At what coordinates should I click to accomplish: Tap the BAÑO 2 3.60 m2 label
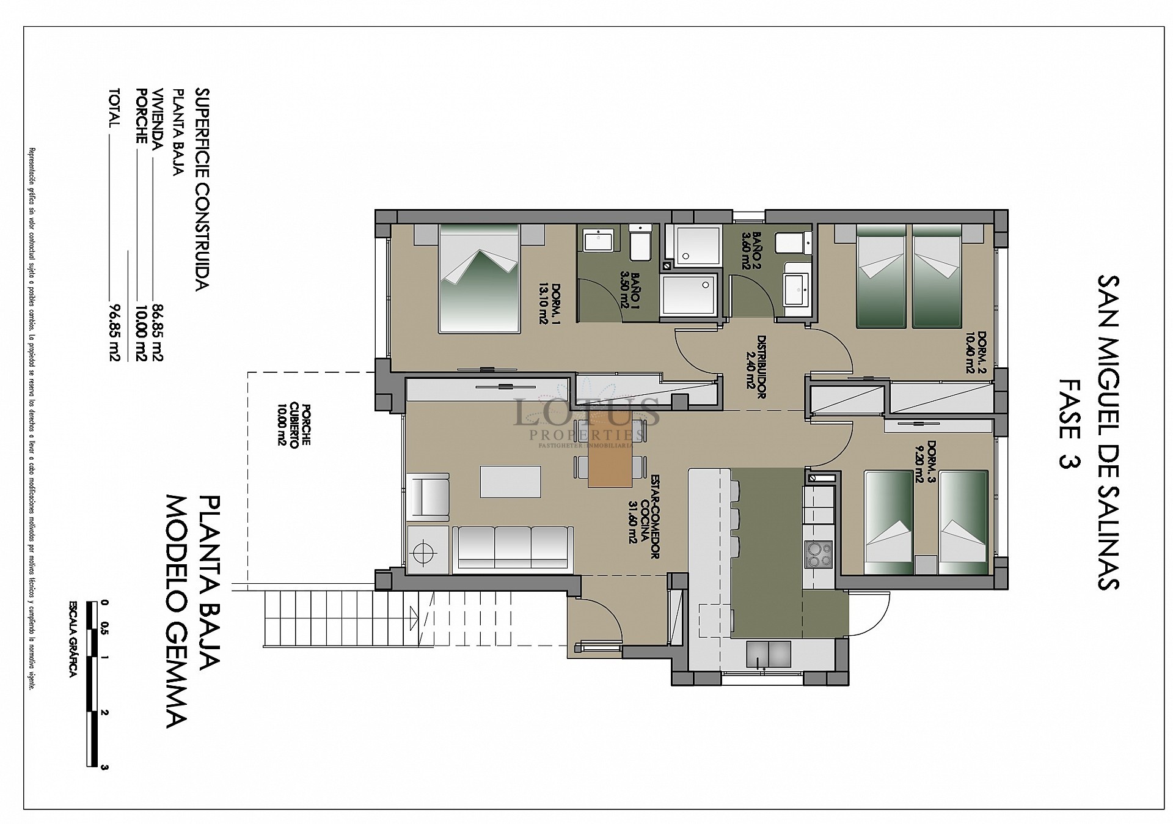(x=751, y=250)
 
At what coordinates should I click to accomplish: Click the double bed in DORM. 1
(x=479, y=278)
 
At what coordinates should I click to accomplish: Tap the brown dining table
(x=610, y=454)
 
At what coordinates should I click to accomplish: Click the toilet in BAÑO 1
(x=640, y=244)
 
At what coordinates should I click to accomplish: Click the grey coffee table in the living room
(x=511, y=482)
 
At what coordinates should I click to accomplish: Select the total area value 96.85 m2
(x=114, y=333)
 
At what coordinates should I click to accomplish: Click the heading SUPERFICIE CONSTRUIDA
(x=202, y=189)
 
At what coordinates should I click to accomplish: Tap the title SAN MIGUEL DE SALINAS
(x=1107, y=432)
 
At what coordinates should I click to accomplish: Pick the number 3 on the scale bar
(x=105, y=767)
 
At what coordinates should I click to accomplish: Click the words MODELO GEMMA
(x=177, y=611)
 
